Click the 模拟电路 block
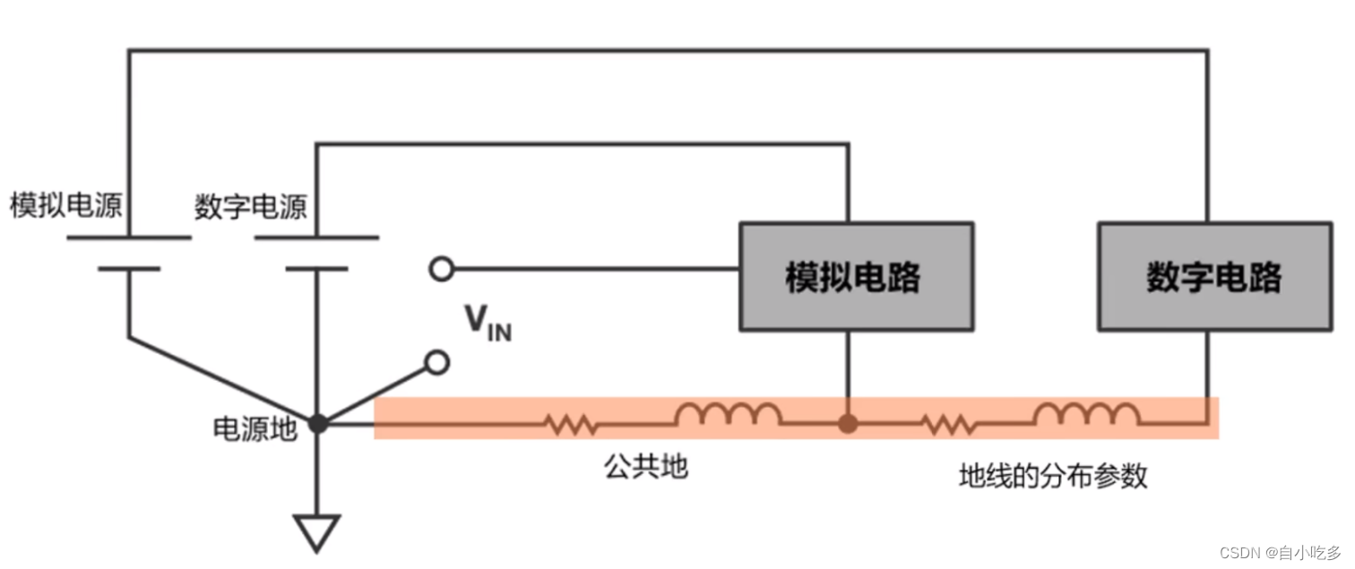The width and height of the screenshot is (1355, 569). tap(855, 277)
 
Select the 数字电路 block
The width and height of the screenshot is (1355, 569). tap(1214, 277)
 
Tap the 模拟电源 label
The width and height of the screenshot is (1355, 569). tap(66, 206)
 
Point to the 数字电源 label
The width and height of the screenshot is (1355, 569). tap(251, 206)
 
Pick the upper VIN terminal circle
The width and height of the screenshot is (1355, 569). tap(441, 268)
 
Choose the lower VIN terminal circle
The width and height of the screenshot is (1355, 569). tap(437, 362)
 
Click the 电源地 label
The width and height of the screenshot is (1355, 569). tap(254, 429)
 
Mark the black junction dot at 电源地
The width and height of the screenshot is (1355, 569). tap(317, 424)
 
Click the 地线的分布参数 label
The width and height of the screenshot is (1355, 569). tap(1053, 476)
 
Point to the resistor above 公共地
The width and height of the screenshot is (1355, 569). tap(572, 424)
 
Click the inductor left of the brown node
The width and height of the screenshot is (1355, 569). tap(728, 414)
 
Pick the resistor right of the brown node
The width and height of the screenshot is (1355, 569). tap(948, 424)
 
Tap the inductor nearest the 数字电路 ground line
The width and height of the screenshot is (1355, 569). tap(1086, 414)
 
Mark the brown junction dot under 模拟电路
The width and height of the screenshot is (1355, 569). tap(847, 424)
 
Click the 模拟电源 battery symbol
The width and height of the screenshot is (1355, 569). tap(128, 253)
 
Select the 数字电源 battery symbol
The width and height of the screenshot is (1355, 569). tap(316, 253)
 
